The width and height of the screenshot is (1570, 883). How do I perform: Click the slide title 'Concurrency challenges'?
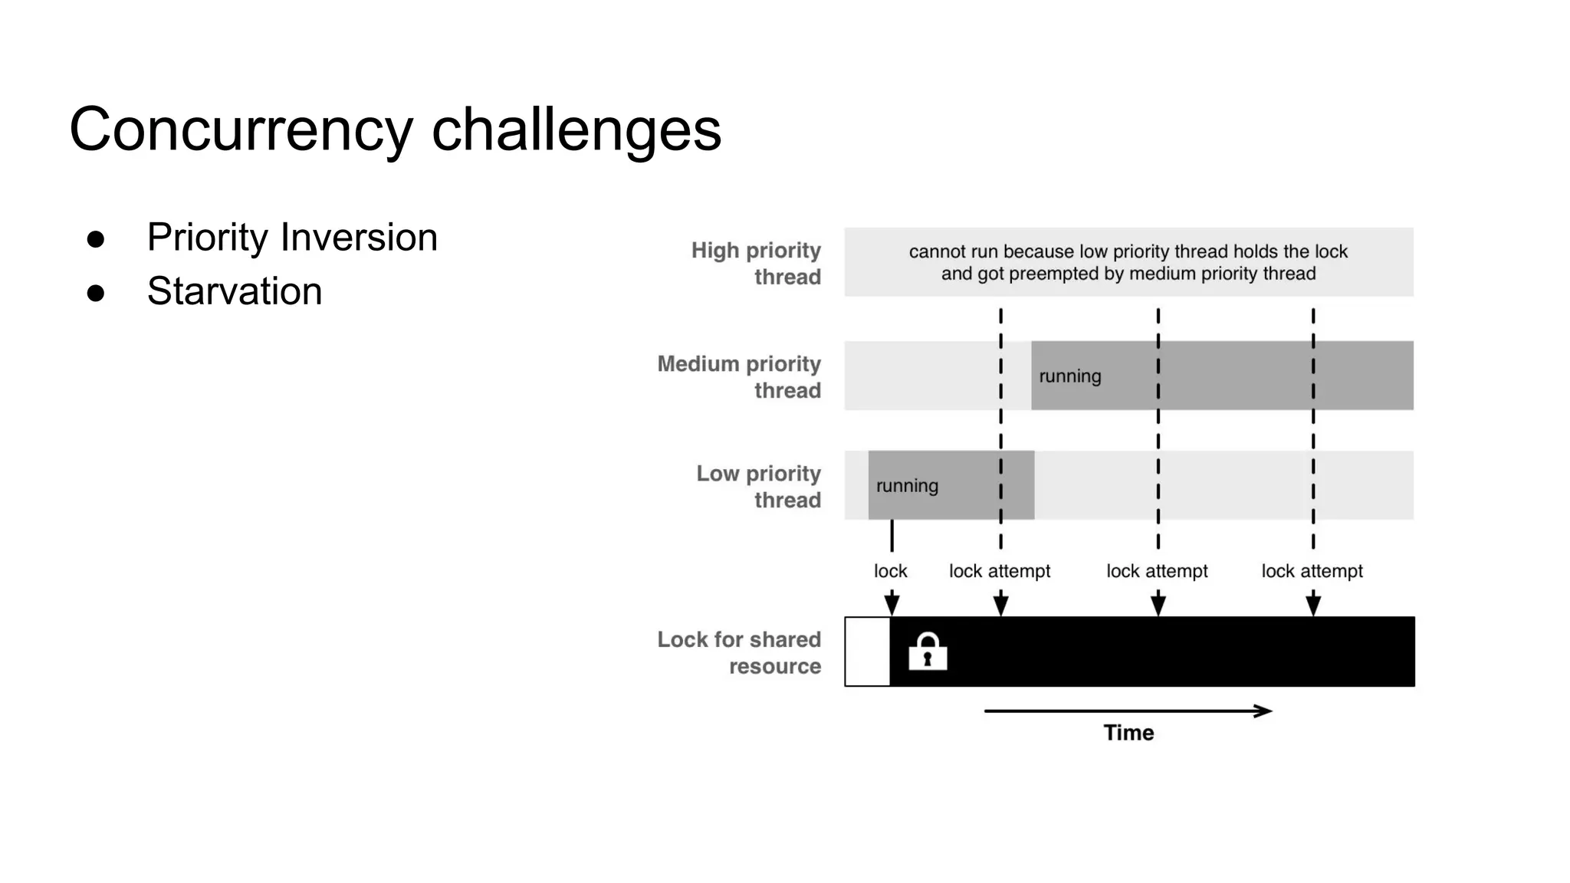click(x=395, y=129)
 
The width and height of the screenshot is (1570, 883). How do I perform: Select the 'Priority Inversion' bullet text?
click(x=292, y=237)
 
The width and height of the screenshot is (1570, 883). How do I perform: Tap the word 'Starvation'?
click(x=235, y=291)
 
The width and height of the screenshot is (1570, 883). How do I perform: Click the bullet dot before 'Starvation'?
click(x=96, y=293)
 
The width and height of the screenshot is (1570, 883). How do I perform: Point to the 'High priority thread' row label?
click(x=756, y=263)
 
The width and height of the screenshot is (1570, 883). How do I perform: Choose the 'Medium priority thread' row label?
click(x=739, y=376)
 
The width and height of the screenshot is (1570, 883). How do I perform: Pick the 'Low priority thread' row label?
click(x=758, y=486)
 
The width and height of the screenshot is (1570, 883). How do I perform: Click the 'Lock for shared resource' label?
click(x=739, y=652)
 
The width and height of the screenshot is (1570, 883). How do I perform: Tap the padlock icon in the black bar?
click(x=928, y=652)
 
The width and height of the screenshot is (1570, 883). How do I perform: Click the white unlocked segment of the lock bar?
click(x=868, y=652)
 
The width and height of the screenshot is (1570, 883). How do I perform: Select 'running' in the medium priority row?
click(x=1070, y=376)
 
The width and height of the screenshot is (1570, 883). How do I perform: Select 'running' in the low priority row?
click(x=907, y=486)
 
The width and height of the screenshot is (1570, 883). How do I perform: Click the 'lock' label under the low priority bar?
click(x=890, y=571)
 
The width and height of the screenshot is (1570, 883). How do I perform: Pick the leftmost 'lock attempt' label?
click(x=1000, y=571)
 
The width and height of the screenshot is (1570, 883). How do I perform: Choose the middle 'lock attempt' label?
click(x=1157, y=571)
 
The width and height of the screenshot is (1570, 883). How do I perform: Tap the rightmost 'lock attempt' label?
click(x=1312, y=571)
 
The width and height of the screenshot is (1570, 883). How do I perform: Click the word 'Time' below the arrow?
click(x=1128, y=733)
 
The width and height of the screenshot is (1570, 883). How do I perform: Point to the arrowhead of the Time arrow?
click(x=1264, y=711)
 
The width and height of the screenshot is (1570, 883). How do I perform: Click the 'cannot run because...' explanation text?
click(x=1128, y=262)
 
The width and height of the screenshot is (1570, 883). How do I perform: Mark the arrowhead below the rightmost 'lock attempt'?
click(x=1313, y=605)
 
